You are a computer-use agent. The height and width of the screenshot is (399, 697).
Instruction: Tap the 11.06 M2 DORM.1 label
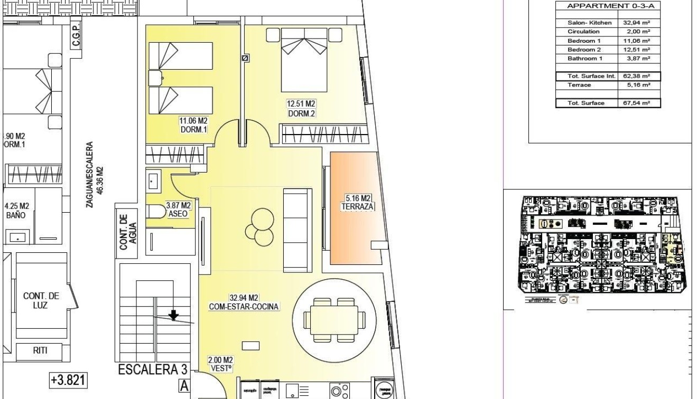click(194, 125)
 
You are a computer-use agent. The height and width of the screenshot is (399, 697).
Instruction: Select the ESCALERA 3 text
click(148, 369)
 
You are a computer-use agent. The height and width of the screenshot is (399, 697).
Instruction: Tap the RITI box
click(40, 351)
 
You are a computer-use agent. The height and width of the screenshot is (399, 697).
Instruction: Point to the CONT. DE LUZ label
click(41, 300)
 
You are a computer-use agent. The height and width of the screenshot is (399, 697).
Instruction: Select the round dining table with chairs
click(333, 319)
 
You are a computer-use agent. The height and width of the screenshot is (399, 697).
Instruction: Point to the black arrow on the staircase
click(173, 316)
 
